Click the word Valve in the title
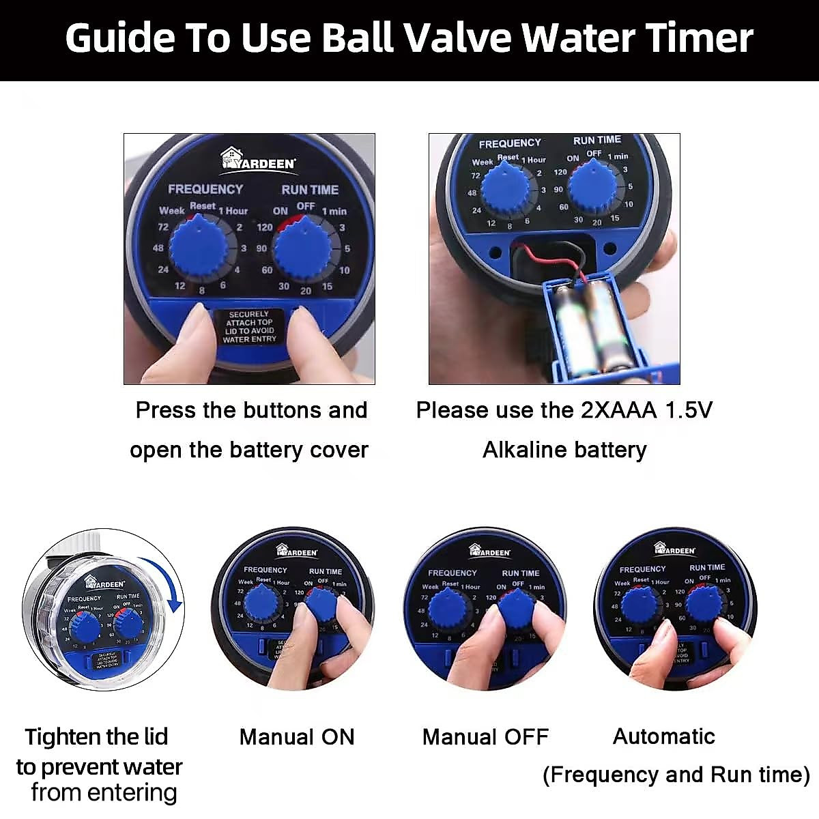coord(448,38)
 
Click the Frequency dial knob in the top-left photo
coord(199,248)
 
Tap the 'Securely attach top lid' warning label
coord(250,327)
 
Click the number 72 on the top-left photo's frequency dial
coord(162,227)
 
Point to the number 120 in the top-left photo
coord(265,227)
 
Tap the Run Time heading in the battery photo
coord(597,140)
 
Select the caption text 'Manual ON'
coord(297,737)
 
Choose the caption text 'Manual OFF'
coord(485,737)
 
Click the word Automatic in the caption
coord(663,736)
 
